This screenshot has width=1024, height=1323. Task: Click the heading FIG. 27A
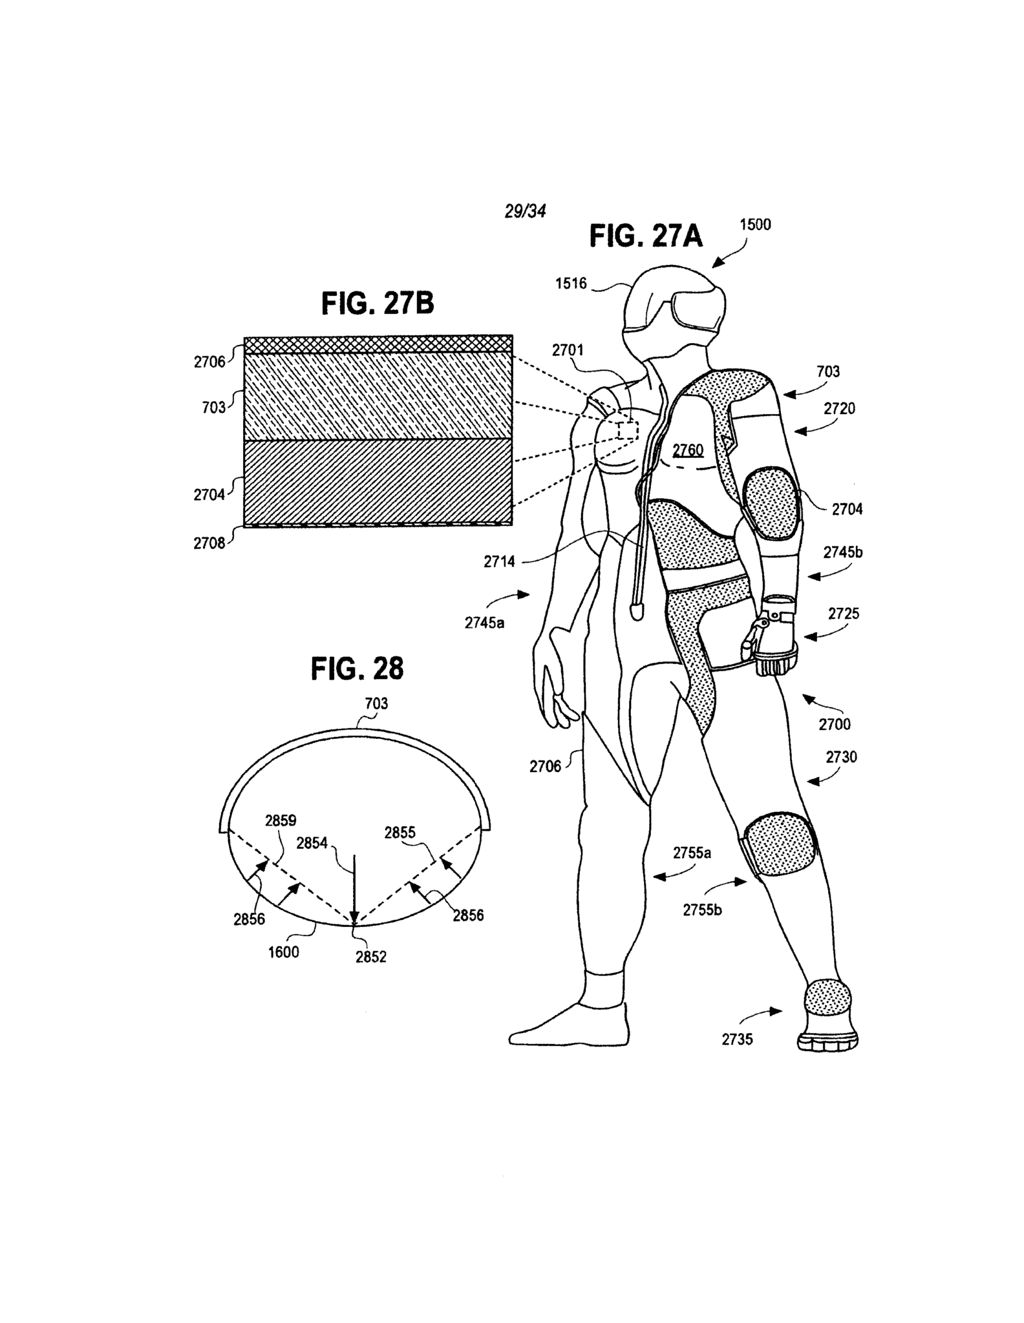point(645,237)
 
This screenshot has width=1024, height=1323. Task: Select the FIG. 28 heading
point(357,669)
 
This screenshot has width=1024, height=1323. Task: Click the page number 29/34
point(525,211)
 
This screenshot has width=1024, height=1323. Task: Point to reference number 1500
point(755,224)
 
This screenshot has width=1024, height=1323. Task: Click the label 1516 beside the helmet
point(571,283)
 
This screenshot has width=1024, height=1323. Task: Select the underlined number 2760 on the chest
point(687,450)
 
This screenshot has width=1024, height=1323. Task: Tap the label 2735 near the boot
point(737,1039)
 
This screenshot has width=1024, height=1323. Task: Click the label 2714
point(499,561)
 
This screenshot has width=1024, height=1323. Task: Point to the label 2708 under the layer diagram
point(209,543)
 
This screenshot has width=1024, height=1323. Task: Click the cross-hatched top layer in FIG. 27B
point(378,344)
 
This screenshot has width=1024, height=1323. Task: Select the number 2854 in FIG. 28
point(312,843)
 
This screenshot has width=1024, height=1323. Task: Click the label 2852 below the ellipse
point(370,957)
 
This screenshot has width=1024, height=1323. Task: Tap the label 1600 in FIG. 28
point(283,952)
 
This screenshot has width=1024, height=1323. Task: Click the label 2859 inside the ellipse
point(281,820)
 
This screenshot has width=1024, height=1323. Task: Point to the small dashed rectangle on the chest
point(627,430)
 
